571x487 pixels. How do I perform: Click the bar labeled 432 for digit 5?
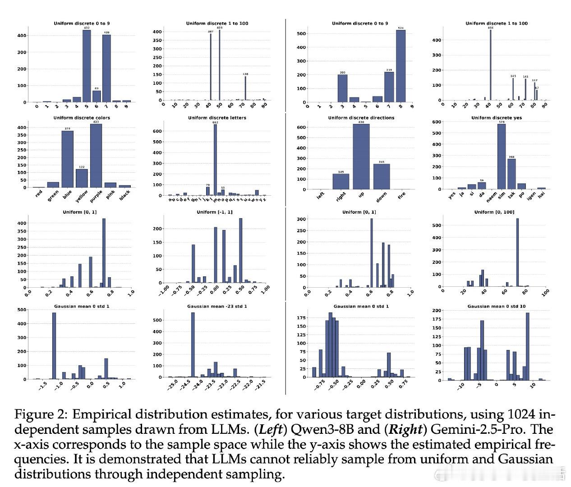[87, 66]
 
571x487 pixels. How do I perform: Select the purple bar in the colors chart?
[96, 156]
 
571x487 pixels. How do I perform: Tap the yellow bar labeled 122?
[82, 178]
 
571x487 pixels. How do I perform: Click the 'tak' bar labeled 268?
[511, 174]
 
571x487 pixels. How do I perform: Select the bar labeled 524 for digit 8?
[401, 66]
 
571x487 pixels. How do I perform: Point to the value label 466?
[490, 28]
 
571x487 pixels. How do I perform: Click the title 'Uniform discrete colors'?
[82, 118]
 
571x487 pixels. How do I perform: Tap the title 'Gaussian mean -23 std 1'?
[217, 307]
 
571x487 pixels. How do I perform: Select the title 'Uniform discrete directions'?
[361, 118]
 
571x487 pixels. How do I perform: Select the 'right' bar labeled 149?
[341, 181]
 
